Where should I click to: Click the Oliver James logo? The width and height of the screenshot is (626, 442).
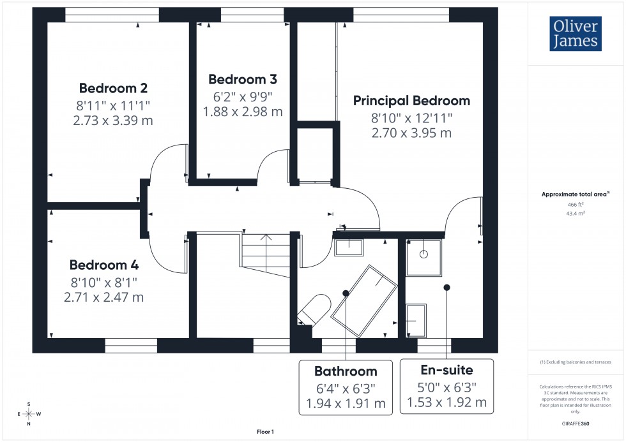coord(575,34)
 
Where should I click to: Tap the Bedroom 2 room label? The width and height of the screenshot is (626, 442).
coord(114,88)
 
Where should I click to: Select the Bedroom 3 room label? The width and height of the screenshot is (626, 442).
coord(243,80)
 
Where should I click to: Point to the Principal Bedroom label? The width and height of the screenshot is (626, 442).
coord(411,101)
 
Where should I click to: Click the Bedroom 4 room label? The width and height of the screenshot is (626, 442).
coord(104,265)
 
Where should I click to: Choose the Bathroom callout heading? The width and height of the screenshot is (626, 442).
coord(346,371)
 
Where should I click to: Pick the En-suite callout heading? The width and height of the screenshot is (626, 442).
coord(447,370)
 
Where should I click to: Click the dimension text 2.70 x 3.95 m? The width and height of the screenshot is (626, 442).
coord(411,133)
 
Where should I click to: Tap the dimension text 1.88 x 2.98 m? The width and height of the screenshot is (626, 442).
coord(243,112)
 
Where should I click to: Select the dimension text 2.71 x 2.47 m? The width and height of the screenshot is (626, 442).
coord(103,297)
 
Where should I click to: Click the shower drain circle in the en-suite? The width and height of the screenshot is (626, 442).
coord(423,254)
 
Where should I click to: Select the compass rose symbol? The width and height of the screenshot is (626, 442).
coord(29,414)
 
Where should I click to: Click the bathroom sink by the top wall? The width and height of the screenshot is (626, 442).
coord(348,247)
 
